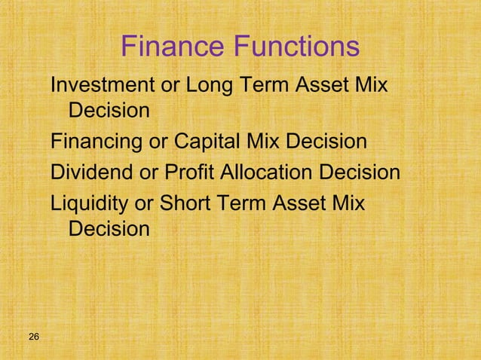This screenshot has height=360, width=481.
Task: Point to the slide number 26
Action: tap(34, 335)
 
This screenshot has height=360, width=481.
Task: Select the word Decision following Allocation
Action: tap(360, 172)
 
